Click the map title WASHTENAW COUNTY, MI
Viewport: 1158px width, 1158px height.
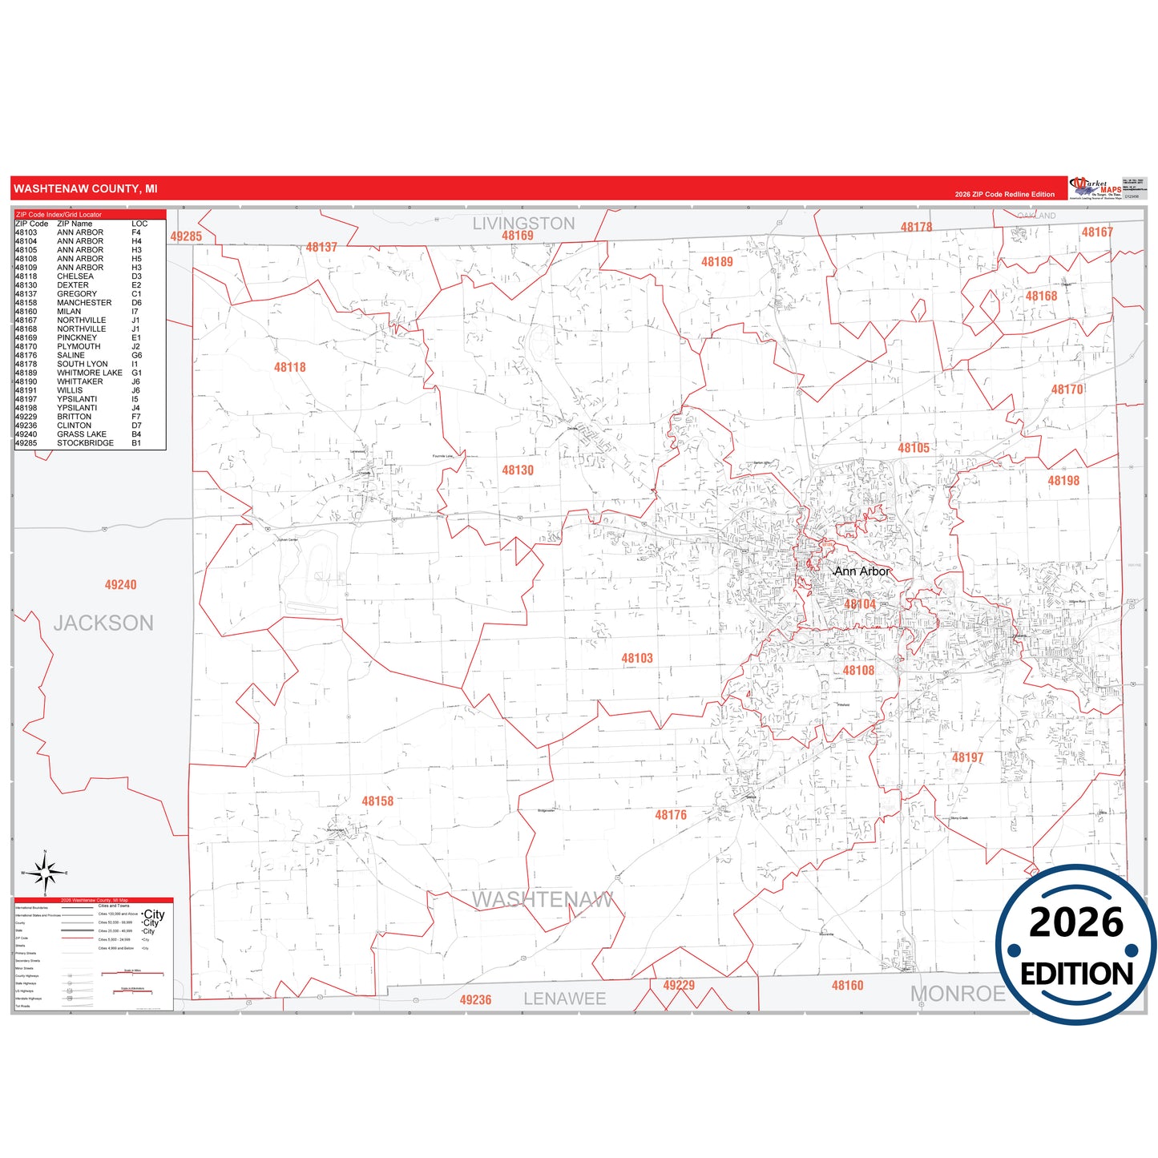coord(86,189)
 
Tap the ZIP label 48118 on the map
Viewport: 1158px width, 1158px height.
coord(289,367)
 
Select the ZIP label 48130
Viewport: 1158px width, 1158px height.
coord(518,470)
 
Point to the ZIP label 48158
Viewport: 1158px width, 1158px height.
coord(377,801)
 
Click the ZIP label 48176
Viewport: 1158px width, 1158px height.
coord(671,815)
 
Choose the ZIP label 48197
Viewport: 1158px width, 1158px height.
coord(967,757)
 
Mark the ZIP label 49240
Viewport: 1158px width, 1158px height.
coord(120,585)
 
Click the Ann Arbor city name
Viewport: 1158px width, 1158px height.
coord(862,571)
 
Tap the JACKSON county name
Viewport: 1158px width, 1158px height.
coord(103,623)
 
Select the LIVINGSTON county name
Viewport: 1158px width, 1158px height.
coord(523,224)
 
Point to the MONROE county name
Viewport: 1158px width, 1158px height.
coord(957,994)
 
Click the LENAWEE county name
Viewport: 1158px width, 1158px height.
coord(564,999)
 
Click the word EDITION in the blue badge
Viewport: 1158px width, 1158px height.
coord(1076,974)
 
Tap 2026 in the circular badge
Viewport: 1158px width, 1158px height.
coord(1076,922)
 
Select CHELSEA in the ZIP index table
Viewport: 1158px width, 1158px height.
coord(75,276)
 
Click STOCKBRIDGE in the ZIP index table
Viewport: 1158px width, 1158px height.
coord(85,443)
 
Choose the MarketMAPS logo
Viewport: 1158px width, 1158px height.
coord(1095,188)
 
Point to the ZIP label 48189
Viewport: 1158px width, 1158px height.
coord(716,262)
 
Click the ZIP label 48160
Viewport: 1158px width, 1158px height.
coord(847,986)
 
